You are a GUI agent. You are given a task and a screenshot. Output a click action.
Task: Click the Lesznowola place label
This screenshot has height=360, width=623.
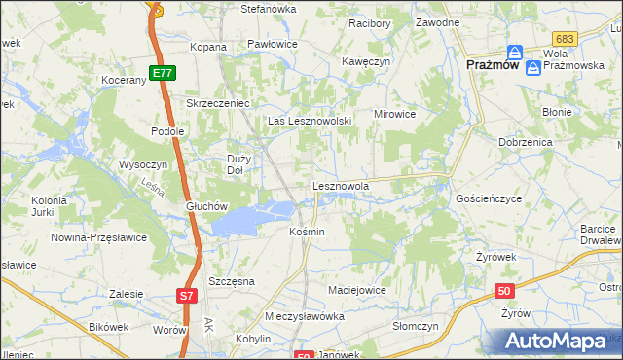point(340,185)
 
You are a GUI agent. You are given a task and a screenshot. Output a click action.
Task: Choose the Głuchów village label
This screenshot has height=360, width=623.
point(205,206)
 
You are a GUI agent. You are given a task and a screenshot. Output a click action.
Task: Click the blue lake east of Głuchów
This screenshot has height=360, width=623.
point(248,219)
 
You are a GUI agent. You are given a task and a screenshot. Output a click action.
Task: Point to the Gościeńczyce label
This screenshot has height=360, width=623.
point(489,198)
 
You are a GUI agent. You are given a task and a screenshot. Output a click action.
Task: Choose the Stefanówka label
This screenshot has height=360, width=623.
point(268,9)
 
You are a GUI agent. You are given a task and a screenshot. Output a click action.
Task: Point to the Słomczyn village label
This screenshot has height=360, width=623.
point(416,326)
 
